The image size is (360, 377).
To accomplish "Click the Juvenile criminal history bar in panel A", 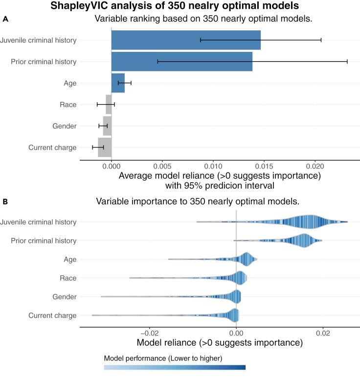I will click(186, 40).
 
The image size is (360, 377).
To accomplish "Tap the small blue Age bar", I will click(118, 83).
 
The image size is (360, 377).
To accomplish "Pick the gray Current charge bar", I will click(105, 147).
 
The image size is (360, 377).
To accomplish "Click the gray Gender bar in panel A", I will click(107, 126).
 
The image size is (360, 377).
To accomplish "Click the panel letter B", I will click(5, 201).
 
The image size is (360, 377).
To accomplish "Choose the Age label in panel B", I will click(70, 259).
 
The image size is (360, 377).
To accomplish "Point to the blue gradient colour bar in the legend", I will click(175, 367).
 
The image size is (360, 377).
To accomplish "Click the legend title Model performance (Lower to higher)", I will click(163, 358).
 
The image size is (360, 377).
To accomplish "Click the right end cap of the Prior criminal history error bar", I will click(347, 62).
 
